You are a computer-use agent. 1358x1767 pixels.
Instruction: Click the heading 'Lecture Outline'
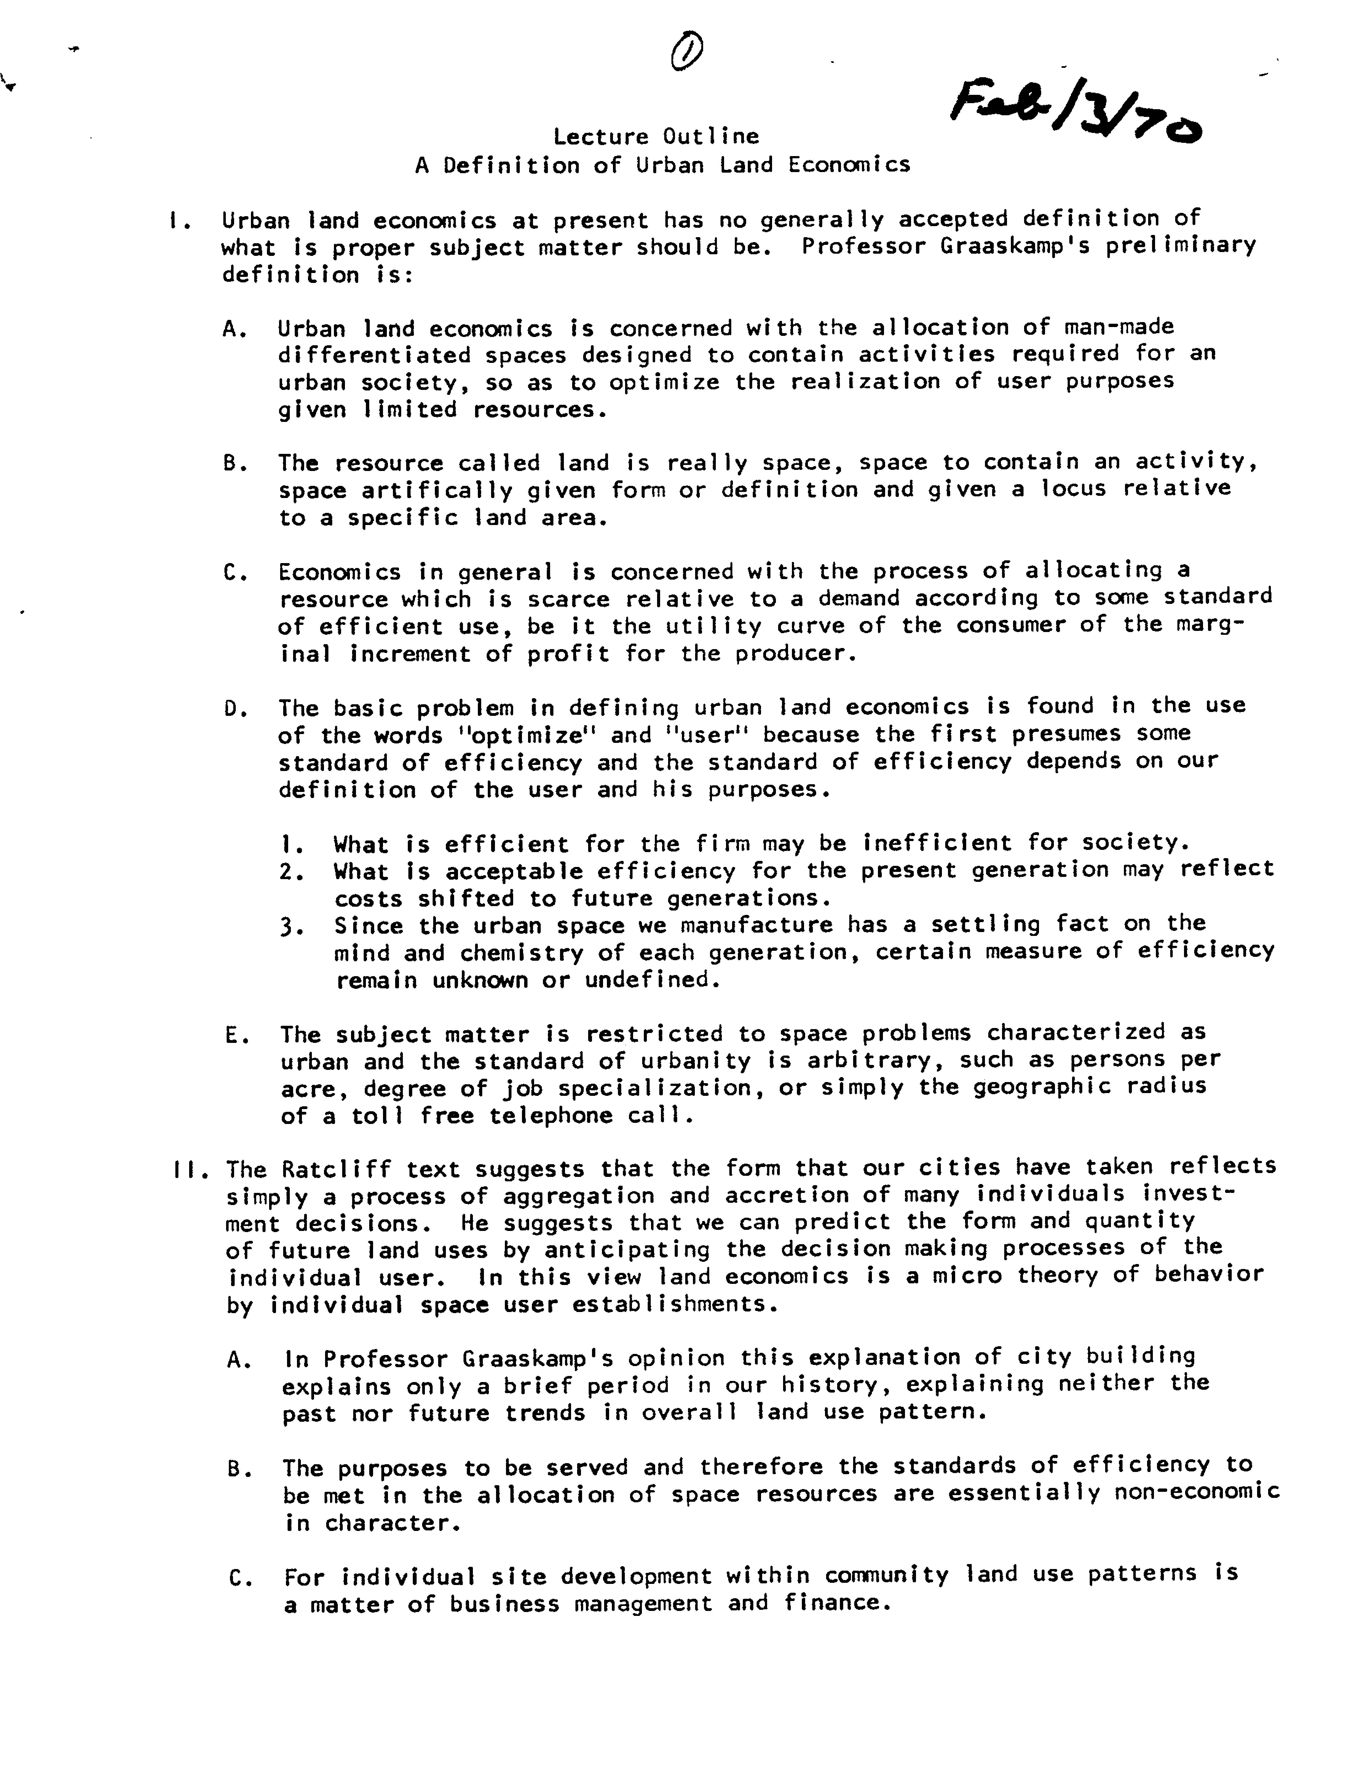655,136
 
